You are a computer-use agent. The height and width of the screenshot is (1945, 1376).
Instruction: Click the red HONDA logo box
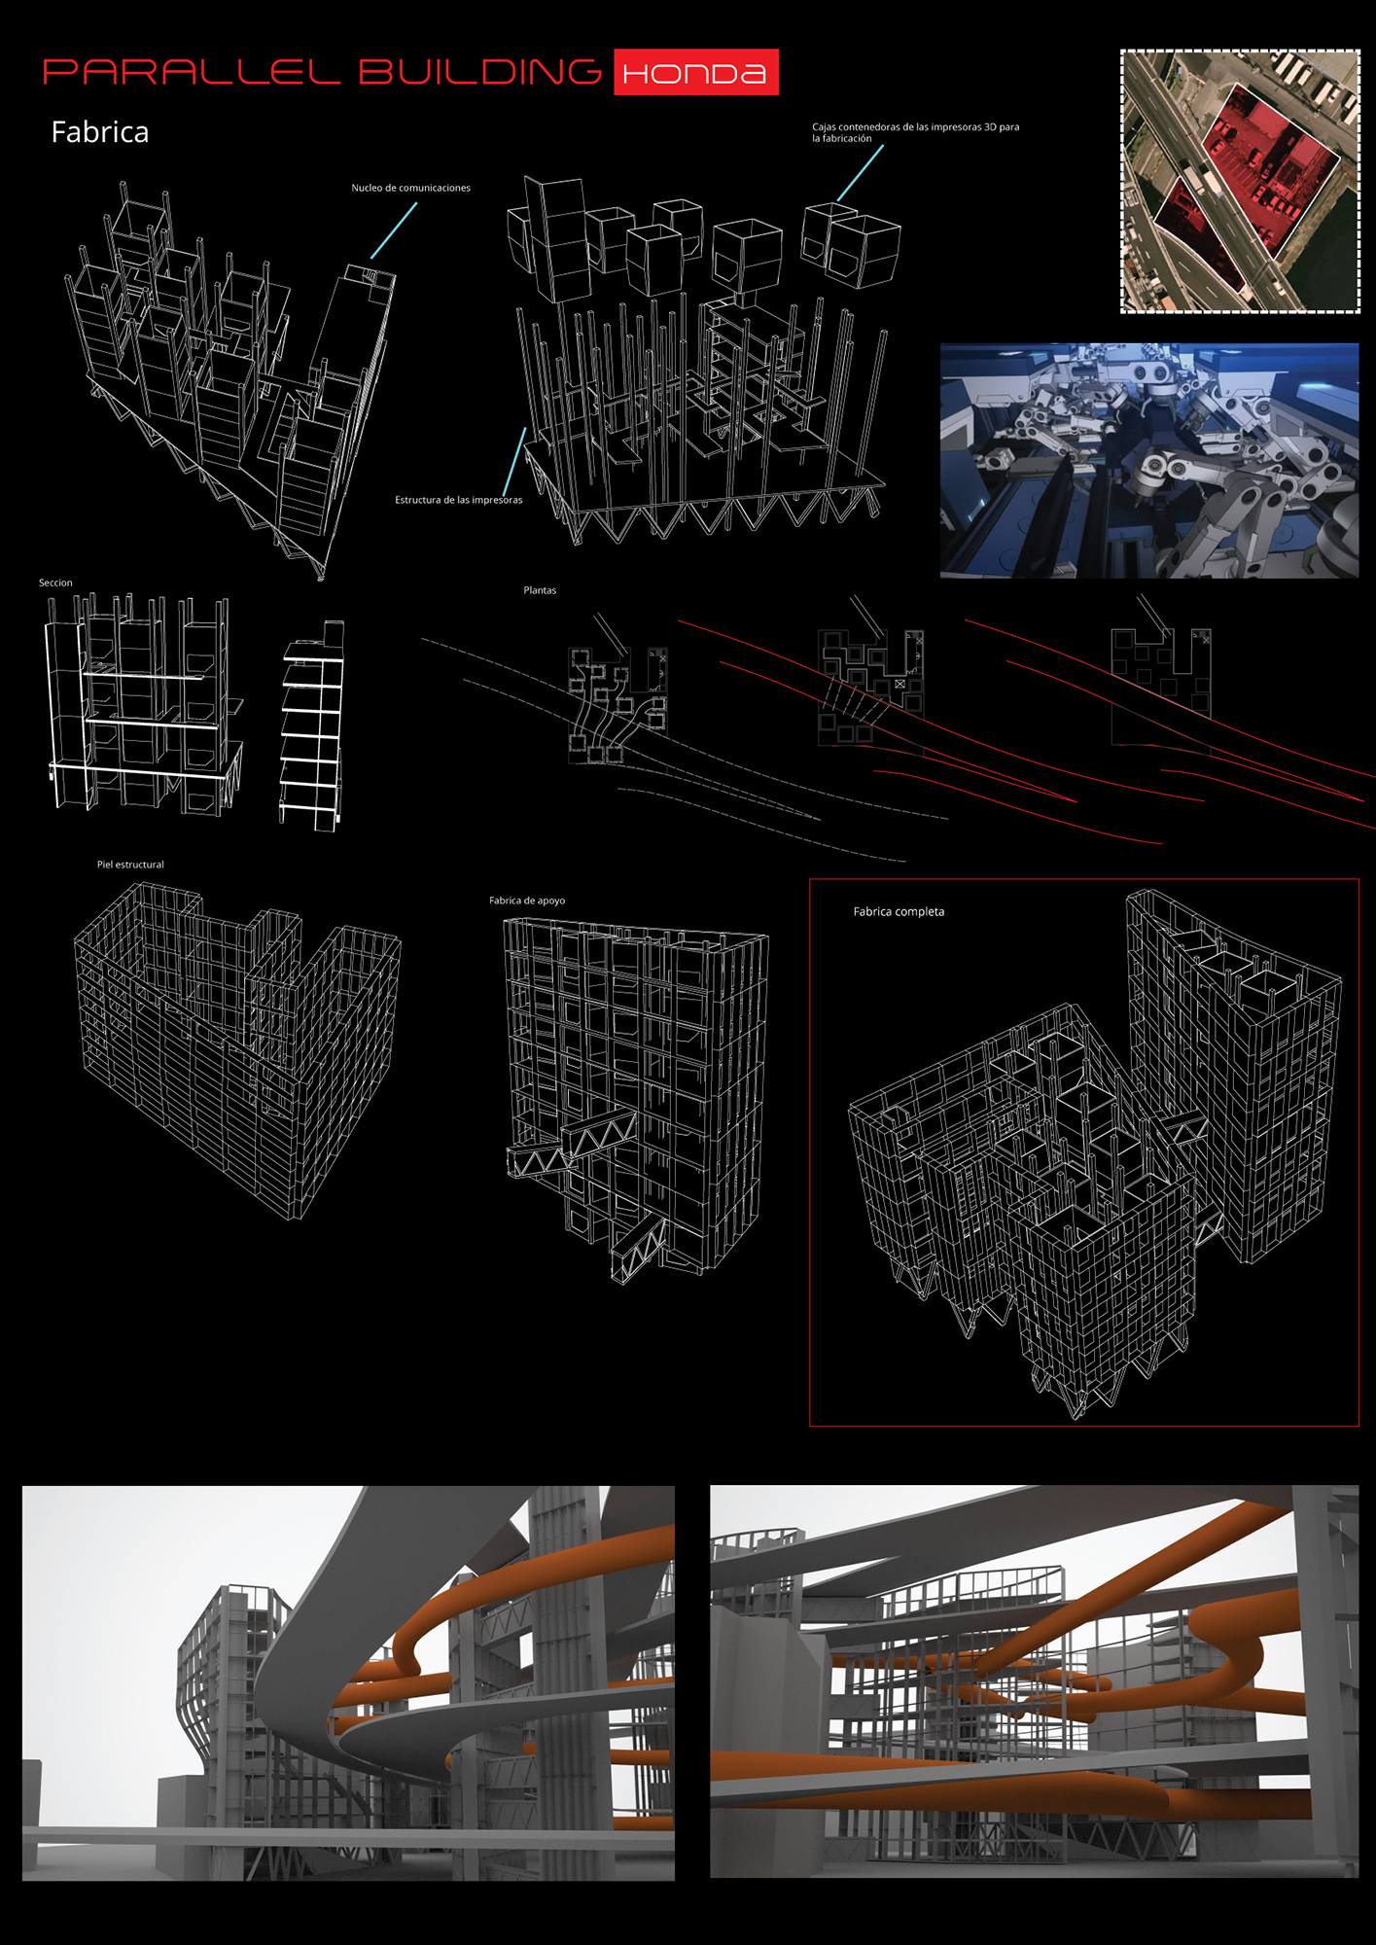[696, 72]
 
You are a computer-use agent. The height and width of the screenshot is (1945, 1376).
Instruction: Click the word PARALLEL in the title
[193, 72]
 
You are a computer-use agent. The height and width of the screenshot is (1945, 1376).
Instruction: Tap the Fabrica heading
[100, 132]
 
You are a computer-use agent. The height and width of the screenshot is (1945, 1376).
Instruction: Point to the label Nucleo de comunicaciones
[410, 188]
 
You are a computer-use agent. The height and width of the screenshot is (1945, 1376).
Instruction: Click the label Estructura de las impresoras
[458, 500]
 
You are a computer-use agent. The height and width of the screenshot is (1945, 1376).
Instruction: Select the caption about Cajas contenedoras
[915, 132]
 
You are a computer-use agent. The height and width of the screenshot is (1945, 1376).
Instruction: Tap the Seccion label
[55, 583]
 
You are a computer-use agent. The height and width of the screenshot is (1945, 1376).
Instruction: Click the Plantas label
[540, 590]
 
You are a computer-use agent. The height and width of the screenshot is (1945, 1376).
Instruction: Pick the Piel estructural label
[130, 865]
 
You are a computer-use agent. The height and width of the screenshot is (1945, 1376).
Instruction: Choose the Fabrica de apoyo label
[527, 901]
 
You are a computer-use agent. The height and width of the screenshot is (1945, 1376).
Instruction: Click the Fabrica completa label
[899, 912]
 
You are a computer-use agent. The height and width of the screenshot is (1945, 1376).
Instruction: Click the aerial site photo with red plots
[1240, 181]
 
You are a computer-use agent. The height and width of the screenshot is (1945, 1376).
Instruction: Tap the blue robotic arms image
[1149, 460]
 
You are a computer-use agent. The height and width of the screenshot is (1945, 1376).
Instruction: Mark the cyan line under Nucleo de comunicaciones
[394, 230]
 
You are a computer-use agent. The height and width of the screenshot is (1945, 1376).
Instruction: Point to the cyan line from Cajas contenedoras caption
[861, 174]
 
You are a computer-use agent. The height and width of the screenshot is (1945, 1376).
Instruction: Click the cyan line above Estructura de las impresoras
[514, 461]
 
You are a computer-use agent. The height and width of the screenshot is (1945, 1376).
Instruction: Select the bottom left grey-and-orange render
[348, 1681]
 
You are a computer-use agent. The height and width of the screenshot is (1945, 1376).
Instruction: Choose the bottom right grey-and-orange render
[1034, 1680]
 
